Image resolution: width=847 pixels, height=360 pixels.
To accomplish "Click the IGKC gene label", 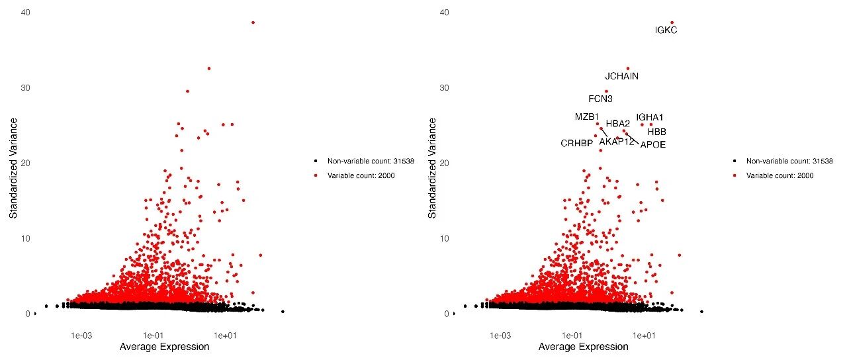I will pyautogui.click(x=666, y=30).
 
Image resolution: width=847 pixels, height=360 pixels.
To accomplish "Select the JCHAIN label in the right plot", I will pyautogui.click(x=622, y=76).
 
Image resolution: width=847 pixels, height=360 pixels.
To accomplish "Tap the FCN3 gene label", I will pyautogui.click(x=600, y=99).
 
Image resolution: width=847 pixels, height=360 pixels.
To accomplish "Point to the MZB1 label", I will pyautogui.click(x=586, y=117).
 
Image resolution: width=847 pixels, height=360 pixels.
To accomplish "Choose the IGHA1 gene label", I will pyautogui.click(x=649, y=117).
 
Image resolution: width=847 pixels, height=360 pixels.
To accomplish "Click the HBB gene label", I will pyautogui.click(x=656, y=132).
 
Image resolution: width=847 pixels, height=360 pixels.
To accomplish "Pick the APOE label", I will pyautogui.click(x=652, y=144).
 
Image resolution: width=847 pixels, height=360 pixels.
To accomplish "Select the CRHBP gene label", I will pyautogui.click(x=576, y=143).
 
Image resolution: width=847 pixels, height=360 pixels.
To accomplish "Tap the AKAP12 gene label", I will pyautogui.click(x=617, y=141).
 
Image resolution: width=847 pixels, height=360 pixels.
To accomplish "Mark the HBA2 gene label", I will pyautogui.click(x=618, y=123).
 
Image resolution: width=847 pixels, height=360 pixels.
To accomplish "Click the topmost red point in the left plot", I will pyautogui.click(x=253, y=22).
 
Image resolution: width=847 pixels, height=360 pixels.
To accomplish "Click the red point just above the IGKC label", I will pyautogui.click(x=672, y=22).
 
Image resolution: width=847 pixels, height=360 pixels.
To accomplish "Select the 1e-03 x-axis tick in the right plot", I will pyautogui.click(x=500, y=335).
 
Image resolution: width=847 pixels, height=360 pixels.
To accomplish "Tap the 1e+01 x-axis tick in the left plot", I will pyautogui.click(x=226, y=335).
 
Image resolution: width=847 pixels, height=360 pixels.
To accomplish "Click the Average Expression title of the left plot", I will pyautogui.click(x=164, y=347).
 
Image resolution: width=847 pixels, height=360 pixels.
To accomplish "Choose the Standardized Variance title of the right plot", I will pyautogui.click(x=433, y=168).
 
